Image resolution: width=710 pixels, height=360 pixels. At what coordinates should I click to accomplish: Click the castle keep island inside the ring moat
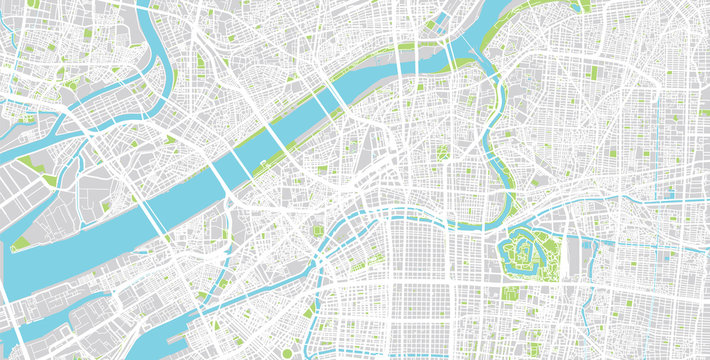(522, 246)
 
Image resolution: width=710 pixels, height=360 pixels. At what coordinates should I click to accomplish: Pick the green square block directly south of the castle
(511, 295)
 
